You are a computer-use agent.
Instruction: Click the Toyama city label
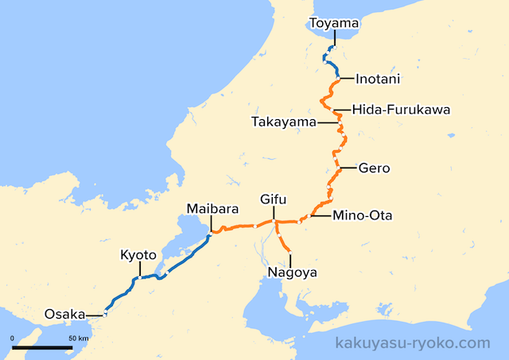tap(334, 25)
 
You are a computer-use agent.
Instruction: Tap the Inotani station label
tap(378, 79)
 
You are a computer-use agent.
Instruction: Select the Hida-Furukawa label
tap(401, 110)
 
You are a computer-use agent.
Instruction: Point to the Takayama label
tap(283, 122)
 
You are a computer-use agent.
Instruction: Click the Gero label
tap(373, 168)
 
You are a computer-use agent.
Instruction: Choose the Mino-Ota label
tap(363, 215)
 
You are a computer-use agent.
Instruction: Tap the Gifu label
tap(273, 199)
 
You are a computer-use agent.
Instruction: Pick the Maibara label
tap(212, 209)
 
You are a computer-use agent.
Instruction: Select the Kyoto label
tap(138, 255)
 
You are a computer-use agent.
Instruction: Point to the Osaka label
tap(64, 314)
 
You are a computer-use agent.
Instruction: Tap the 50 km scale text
tap(78, 339)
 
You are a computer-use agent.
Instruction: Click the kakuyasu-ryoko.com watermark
tap(414, 343)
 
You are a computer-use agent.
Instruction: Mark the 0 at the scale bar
tap(13, 339)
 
